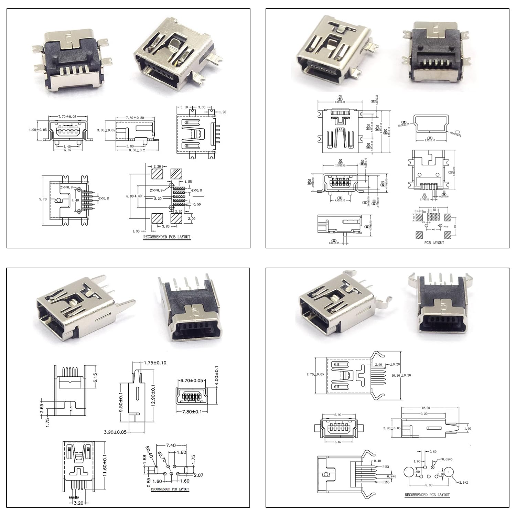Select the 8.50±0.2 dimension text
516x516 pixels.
point(137,150)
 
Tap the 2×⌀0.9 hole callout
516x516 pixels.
point(159,190)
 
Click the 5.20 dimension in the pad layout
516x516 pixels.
point(158,199)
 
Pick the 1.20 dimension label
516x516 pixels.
point(222,112)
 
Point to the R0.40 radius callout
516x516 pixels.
point(147,452)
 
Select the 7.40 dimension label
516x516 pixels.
point(171,445)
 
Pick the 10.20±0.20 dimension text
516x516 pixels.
point(401,375)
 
